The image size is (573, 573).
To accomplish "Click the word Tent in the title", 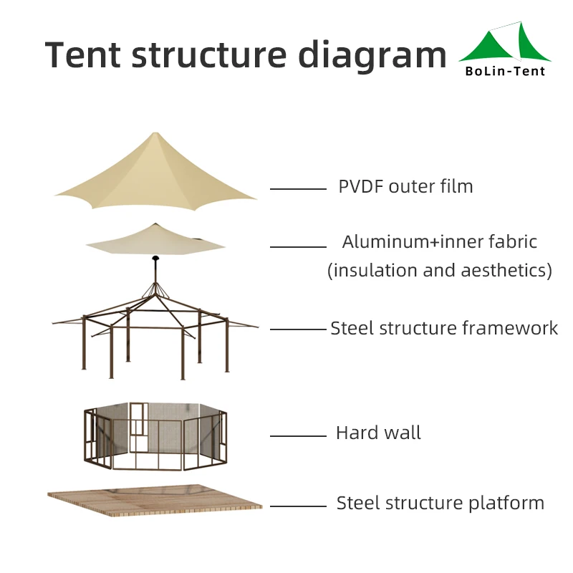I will [x=82, y=54].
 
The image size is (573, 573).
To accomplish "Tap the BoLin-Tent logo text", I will [x=505, y=71].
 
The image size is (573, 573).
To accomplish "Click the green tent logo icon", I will [x=505, y=45].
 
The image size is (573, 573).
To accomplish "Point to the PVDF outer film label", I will [x=405, y=187].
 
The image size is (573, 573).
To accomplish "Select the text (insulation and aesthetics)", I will [x=440, y=271].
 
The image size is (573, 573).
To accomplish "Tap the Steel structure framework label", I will [x=443, y=328].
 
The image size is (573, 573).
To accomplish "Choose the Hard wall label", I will [x=378, y=433].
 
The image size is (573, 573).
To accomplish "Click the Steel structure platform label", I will [x=440, y=503].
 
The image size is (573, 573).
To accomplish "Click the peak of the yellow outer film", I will [x=155, y=135].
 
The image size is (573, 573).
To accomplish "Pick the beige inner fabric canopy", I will [x=155, y=241].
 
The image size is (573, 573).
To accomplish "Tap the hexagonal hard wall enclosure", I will [x=155, y=437].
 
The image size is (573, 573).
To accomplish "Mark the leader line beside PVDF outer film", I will [x=298, y=189].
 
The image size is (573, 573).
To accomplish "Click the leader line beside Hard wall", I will [x=298, y=435].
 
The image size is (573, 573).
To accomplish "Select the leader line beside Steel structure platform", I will [x=298, y=506].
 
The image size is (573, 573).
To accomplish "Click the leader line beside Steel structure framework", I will [x=298, y=329].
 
